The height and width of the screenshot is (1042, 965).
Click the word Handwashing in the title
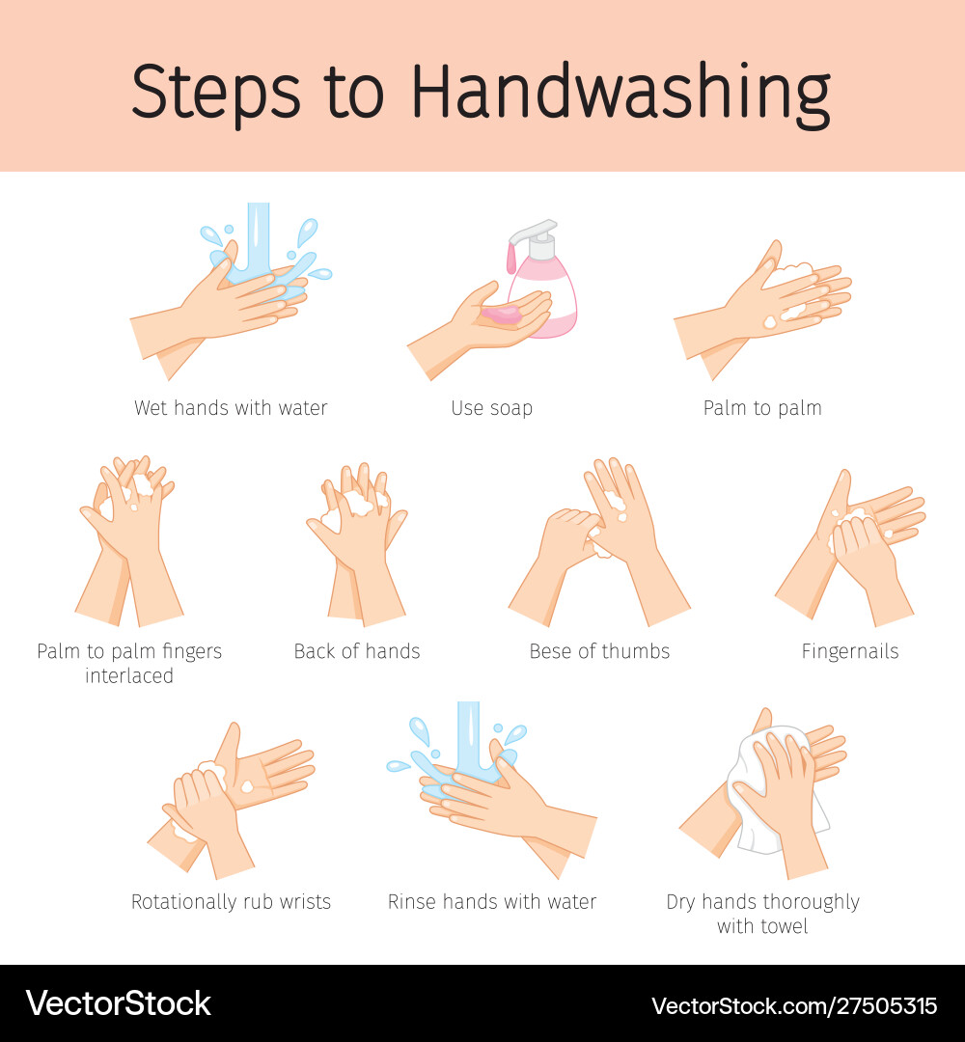(x=620, y=94)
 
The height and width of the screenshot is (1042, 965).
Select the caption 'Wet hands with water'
(x=231, y=408)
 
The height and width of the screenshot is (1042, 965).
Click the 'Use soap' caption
(x=491, y=408)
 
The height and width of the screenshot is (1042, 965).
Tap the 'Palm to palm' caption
(x=762, y=408)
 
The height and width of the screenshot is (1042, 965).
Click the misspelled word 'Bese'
(x=550, y=651)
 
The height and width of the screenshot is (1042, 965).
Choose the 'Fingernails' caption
(x=850, y=651)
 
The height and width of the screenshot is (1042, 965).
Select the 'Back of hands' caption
(x=357, y=651)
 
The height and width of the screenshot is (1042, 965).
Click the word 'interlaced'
(x=129, y=676)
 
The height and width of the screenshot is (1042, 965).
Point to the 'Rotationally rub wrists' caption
(x=231, y=902)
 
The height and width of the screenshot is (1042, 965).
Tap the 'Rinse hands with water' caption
(x=492, y=902)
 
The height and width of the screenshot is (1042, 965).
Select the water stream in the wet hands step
(x=259, y=236)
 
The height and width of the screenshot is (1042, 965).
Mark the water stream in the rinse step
(x=468, y=733)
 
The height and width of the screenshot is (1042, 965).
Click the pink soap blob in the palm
(x=502, y=314)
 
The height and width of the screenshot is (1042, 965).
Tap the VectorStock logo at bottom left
(x=118, y=1003)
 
